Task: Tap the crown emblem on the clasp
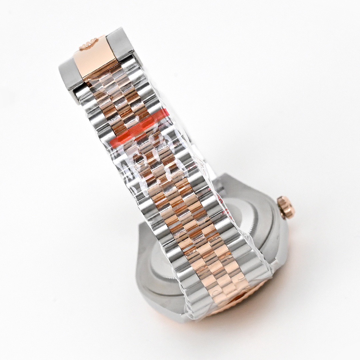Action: [x=88, y=44]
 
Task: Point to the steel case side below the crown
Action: [x=280, y=240]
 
